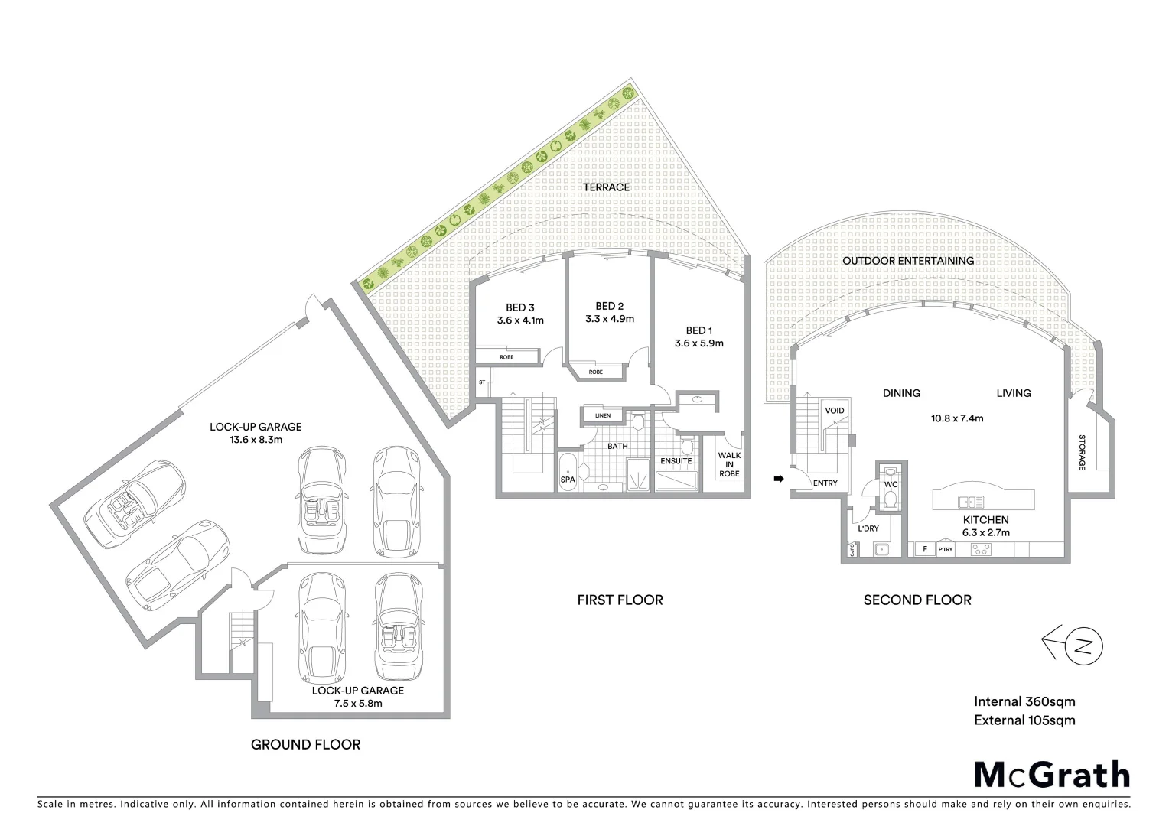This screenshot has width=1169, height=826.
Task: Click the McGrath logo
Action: pyautogui.click(x=1051, y=774)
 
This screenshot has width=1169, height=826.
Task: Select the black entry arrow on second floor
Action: pyautogui.click(x=780, y=479)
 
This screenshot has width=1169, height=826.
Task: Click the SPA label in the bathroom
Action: pyautogui.click(x=568, y=480)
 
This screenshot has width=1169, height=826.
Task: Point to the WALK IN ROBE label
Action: pyautogui.click(x=729, y=464)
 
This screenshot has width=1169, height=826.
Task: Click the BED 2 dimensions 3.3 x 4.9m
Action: pyautogui.click(x=610, y=319)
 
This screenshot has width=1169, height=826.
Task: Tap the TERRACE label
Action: pyautogui.click(x=606, y=187)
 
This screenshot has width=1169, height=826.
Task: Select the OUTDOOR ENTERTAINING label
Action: pyautogui.click(x=908, y=261)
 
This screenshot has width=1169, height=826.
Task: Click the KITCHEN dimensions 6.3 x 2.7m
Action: pyautogui.click(x=985, y=532)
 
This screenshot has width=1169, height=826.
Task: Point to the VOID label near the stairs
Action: pyautogui.click(x=835, y=411)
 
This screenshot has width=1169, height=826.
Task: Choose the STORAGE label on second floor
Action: pyautogui.click(x=1082, y=452)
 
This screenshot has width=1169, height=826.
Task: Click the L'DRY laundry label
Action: pyautogui.click(x=868, y=528)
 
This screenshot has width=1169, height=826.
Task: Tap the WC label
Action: pyautogui.click(x=891, y=484)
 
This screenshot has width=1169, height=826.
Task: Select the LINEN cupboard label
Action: pyautogui.click(x=603, y=415)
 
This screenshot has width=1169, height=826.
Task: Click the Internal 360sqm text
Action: pyautogui.click(x=1024, y=701)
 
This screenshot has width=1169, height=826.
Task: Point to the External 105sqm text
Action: pyautogui.click(x=1024, y=720)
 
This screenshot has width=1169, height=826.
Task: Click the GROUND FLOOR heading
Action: pyautogui.click(x=305, y=744)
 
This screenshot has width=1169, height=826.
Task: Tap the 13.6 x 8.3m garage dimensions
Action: pyautogui.click(x=256, y=440)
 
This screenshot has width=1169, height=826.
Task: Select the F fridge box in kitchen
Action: pyautogui.click(x=925, y=549)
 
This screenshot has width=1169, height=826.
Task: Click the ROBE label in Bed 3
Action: pyautogui.click(x=506, y=357)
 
